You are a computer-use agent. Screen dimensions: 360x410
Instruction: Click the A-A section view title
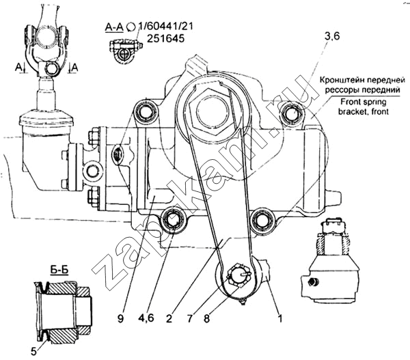pyautogui.click(x=113, y=27)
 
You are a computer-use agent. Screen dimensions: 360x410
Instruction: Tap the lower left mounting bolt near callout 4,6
pyautogui.click(x=173, y=221)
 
